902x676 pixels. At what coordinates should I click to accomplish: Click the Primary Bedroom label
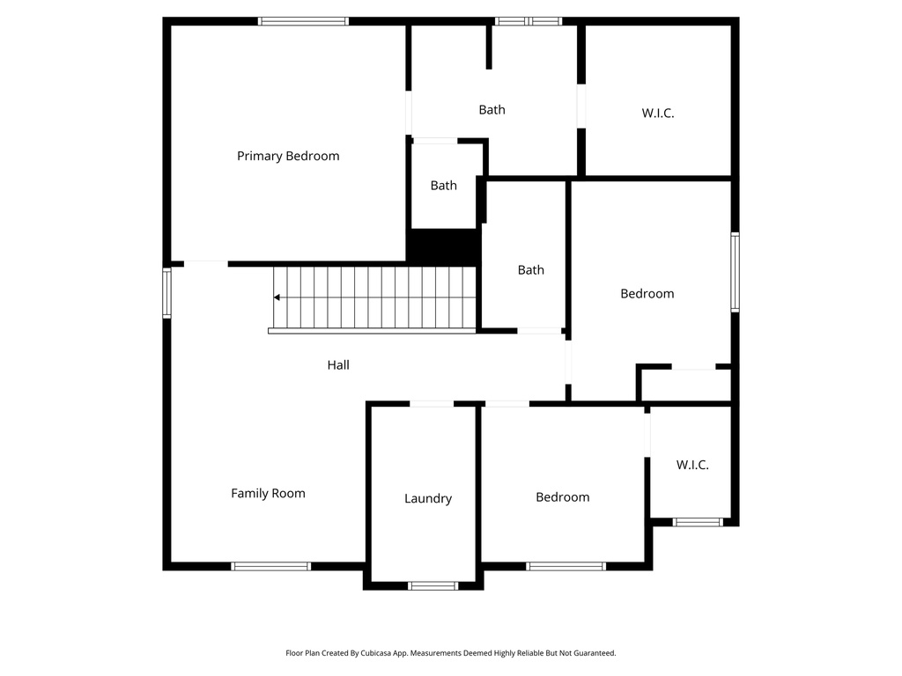(288, 156)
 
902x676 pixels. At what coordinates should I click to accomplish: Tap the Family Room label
(268, 493)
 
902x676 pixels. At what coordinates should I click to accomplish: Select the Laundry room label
(428, 498)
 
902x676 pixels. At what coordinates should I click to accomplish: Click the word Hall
(338, 364)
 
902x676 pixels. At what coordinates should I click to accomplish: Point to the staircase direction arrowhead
(277, 298)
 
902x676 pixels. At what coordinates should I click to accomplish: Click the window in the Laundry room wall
(433, 585)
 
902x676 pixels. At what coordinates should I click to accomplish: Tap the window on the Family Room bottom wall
(270, 566)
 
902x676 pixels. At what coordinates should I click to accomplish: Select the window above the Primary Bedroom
(303, 21)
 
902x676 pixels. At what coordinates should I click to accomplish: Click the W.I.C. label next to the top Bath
(658, 113)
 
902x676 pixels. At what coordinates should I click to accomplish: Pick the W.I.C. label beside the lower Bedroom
(692, 465)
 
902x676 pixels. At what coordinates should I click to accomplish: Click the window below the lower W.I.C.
(698, 522)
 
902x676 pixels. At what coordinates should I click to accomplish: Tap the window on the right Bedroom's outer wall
(735, 272)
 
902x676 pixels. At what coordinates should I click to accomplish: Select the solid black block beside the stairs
(442, 246)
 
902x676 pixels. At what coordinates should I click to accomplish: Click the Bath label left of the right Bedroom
(530, 270)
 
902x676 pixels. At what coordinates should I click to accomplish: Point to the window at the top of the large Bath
(528, 21)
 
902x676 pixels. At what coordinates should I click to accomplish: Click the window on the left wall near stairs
(166, 292)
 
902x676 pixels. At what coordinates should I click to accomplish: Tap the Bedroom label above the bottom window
(562, 497)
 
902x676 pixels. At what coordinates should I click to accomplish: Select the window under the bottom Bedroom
(566, 566)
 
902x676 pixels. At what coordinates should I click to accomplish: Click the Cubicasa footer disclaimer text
(450, 653)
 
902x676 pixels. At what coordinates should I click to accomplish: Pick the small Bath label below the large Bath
(444, 186)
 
